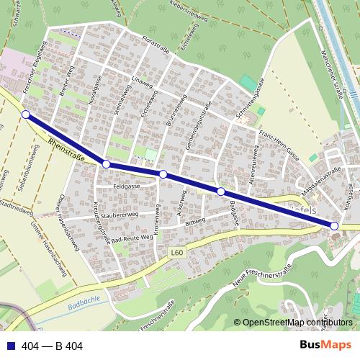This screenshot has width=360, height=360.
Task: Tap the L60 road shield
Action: pyautogui.click(x=177, y=252)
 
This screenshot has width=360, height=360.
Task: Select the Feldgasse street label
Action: pyautogui.click(x=127, y=186)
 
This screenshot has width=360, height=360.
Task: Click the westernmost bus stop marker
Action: pyautogui.click(x=26, y=114)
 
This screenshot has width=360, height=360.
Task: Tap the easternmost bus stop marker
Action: pyautogui.click(x=334, y=226)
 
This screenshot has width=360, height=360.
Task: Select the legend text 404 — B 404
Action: pyautogui.click(x=53, y=346)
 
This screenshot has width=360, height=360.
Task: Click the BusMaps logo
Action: pyautogui.click(x=325, y=346)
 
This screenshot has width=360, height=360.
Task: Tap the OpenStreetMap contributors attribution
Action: pyautogui.click(x=297, y=323)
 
